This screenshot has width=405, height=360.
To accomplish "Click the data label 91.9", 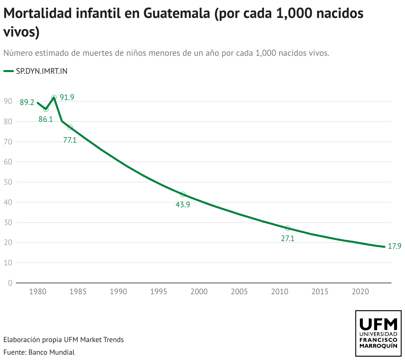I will [x=67, y=97].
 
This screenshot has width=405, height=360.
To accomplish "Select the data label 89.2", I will [x=27, y=103].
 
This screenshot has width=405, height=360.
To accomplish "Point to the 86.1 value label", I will [x=46, y=119].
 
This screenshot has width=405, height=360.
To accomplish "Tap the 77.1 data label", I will [x=70, y=140].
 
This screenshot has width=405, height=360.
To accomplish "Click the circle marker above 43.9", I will [x=183, y=194].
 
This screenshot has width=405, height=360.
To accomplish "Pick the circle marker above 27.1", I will [x=287, y=228].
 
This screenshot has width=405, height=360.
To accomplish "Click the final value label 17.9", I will [x=395, y=246].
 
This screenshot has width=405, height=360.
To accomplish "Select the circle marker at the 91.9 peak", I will [x=54, y=98].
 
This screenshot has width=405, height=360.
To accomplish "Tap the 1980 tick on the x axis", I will [x=38, y=292].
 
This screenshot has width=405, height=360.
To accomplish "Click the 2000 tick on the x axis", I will [x=199, y=292].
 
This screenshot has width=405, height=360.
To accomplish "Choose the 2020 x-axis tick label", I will [x=360, y=292].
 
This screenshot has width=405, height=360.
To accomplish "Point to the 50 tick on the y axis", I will [x=8, y=182].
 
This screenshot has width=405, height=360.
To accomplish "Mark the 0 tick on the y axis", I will [x=10, y=283].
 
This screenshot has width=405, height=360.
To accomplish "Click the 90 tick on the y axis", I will [x=8, y=101].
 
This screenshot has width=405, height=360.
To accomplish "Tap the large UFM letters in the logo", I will [x=378, y=323].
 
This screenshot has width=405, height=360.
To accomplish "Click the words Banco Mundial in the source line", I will [x=51, y=352].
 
